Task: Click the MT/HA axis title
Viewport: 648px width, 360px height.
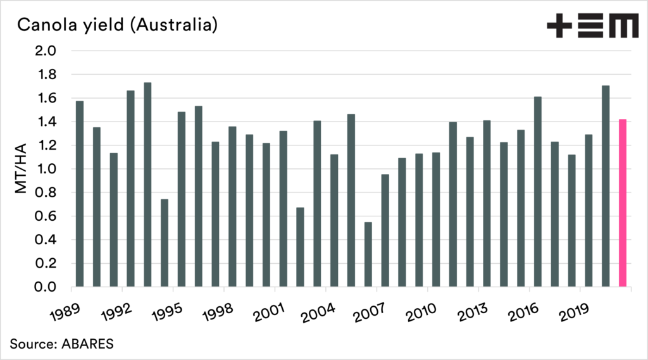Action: point(20,169)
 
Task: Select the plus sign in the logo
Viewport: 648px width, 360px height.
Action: point(559,27)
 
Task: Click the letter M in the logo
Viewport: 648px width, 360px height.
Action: point(621,27)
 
